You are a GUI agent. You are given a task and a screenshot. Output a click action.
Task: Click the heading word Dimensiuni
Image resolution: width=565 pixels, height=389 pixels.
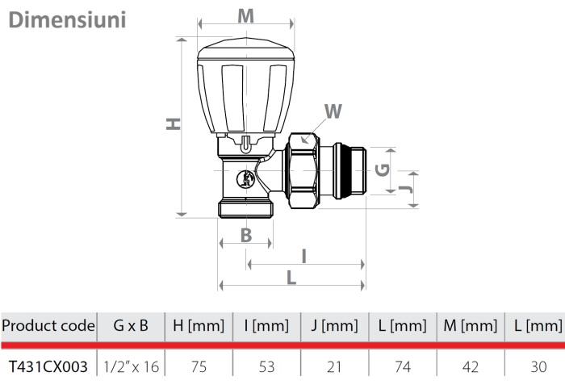click(x=67, y=19)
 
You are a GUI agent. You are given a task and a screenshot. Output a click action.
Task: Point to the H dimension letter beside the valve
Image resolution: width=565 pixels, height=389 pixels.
click(x=173, y=123)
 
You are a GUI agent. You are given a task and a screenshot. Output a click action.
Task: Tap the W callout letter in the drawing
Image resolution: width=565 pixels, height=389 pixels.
click(x=333, y=111)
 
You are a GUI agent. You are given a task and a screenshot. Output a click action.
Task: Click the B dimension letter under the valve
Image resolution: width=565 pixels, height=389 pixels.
click(x=246, y=236)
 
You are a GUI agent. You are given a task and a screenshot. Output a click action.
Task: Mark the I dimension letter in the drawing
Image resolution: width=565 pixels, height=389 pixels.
click(x=303, y=256)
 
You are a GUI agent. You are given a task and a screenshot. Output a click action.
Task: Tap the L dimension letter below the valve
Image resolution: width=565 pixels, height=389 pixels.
click(x=291, y=277)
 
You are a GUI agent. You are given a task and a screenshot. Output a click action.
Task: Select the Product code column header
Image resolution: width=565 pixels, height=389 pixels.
click(x=48, y=326)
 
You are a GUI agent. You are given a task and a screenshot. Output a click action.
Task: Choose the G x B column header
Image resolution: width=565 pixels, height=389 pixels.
click(x=131, y=326)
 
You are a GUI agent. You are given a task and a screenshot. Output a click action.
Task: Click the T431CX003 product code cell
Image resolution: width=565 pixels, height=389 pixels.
click(x=48, y=366)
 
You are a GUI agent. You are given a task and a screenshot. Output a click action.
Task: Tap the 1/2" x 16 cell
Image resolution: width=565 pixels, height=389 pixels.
click(x=131, y=366)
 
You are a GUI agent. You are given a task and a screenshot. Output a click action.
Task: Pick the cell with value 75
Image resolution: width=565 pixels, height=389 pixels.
click(x=199, y=366)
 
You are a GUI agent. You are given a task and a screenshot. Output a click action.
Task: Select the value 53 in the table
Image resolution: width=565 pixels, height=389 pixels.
click(x=266, y=366)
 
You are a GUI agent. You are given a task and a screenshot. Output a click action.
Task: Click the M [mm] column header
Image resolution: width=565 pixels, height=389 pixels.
click(x=470, y=326)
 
